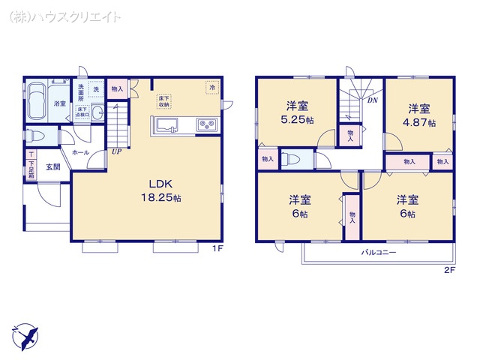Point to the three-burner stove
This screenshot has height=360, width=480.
tap(205, 124)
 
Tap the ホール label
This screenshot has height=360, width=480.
tap(80, 151)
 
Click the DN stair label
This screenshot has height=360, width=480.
tap(371, 100)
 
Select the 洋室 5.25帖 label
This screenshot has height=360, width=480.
tap(298, 113)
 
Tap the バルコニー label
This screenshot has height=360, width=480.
tap(378, 253)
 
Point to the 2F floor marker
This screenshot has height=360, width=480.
tap(448, 270)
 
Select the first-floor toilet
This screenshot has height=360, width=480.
tap(37, 138)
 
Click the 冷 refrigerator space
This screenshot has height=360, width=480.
tap(212, 87)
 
